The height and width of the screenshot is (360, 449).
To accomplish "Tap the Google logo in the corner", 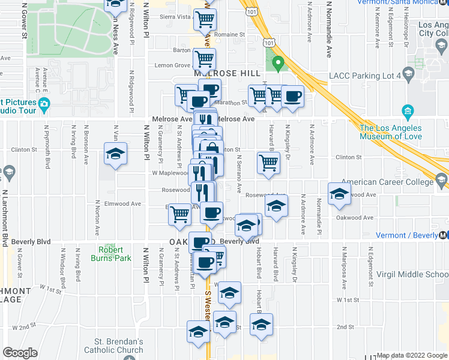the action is point(20,353).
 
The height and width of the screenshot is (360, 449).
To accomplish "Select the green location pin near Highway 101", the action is point(277,62).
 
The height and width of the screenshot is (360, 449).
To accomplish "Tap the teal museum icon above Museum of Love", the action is point(408,111).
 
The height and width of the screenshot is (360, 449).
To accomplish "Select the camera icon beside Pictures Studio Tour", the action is point(44,105).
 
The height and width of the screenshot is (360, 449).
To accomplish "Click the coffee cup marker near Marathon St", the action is point(292,96).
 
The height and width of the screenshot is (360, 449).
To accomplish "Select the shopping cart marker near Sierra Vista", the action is point(205,20).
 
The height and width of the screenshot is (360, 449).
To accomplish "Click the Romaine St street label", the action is point(231,35).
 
